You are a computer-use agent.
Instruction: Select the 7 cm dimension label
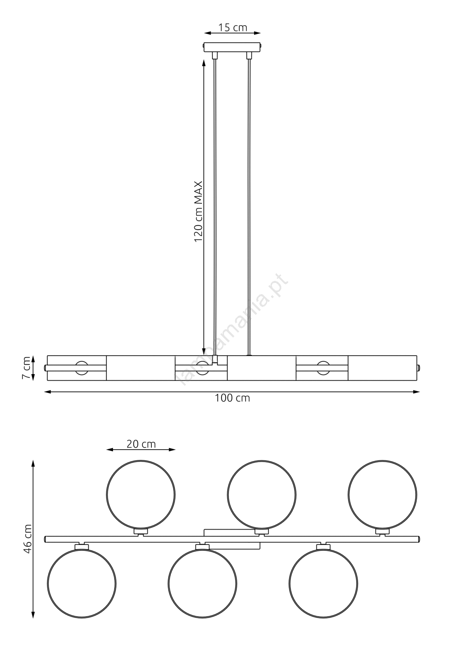[x=26, y=368]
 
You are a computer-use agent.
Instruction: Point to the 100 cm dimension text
[x=232, y=398]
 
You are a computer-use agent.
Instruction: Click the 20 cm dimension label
[x=141, y=444]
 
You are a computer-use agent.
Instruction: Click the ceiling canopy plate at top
[x=233, y=47]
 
